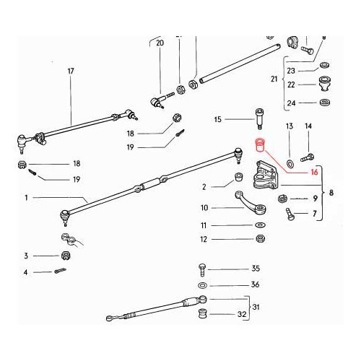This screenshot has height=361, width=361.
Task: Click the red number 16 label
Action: coord(314,172)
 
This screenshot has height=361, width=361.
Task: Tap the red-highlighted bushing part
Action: coord(260,145)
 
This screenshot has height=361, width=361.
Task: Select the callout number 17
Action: coord(71,71)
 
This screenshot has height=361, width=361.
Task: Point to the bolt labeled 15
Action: coord(259,119)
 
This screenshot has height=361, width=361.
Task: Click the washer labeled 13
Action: coord(290,164)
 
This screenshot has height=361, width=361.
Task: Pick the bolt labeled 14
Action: coord(307,157)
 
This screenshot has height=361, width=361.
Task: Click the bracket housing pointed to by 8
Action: coord(265,176)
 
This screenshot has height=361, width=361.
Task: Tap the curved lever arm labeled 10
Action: coord(251,202)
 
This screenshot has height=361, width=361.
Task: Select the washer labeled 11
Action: coord(260,225)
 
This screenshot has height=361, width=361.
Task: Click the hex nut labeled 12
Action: coord(260,239)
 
